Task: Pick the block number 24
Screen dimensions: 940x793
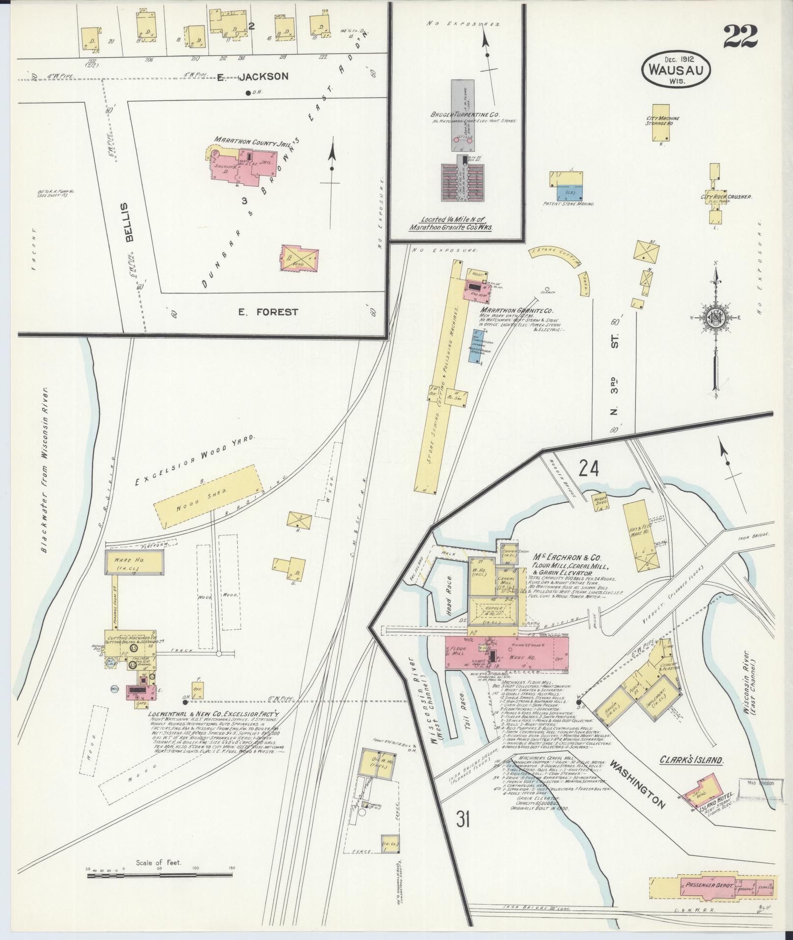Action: [588, 468]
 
